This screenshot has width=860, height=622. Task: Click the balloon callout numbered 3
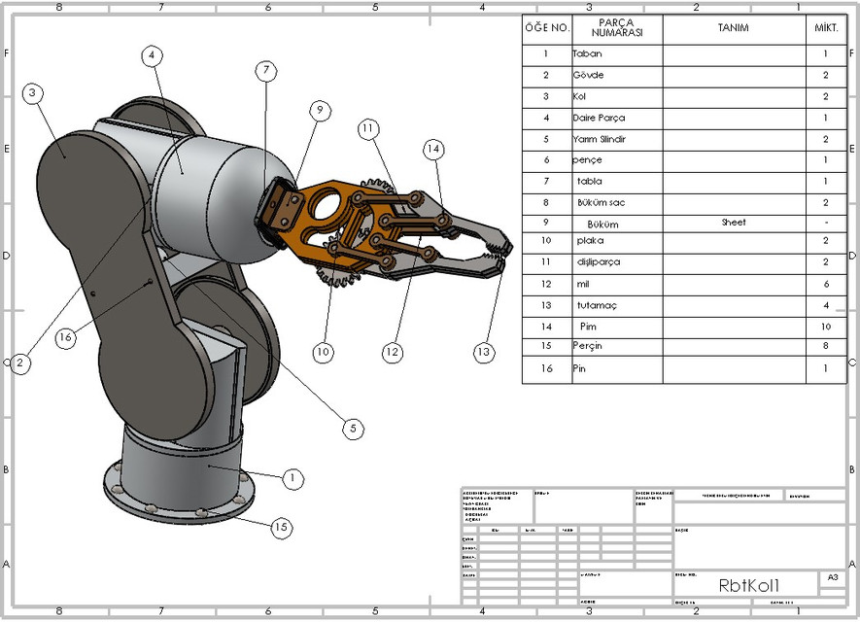click(32, 93)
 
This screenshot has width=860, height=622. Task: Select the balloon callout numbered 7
click(266, 70)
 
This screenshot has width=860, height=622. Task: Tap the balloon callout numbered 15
click(281, 528)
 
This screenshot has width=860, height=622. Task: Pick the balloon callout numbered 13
click(484, 353)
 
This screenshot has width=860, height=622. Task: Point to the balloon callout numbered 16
click(65, 337)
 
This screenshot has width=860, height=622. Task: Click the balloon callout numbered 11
click(367, 128)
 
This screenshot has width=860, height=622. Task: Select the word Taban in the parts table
click(588, 55)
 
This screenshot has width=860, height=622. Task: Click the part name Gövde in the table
click(588, 76)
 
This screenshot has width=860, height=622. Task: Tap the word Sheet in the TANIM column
click(734, 223)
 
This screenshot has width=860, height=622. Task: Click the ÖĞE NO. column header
click(547, 28)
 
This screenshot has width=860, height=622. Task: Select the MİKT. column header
click(825, 28)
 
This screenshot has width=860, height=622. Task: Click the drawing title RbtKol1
click(748, 585)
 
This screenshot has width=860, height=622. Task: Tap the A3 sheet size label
click(832, 577)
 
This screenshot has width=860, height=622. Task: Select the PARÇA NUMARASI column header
click(617, 28)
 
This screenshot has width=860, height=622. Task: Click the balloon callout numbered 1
click(291, 478)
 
